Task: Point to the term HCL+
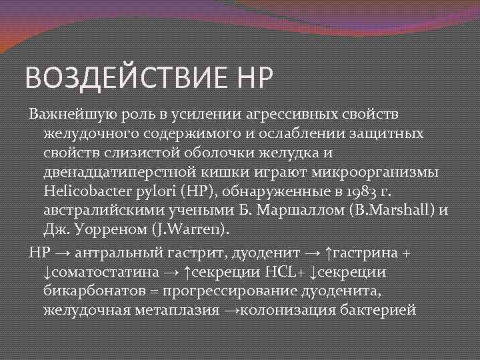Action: [286, 273]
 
